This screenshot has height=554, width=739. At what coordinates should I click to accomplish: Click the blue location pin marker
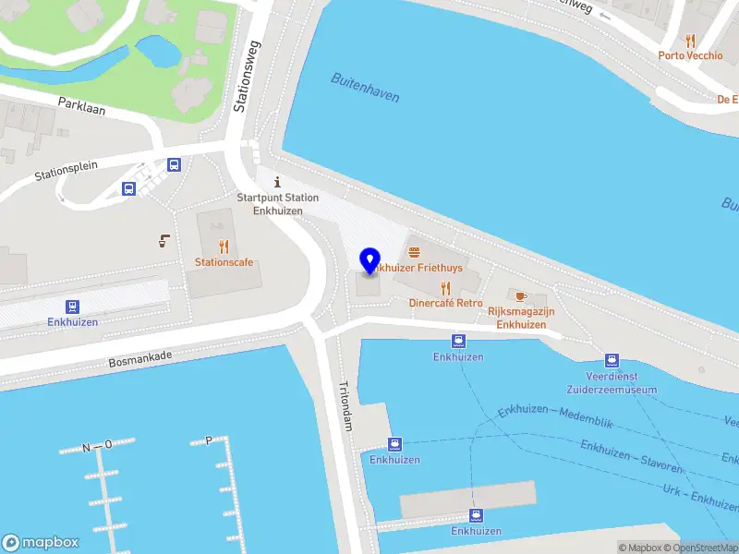point(370,260)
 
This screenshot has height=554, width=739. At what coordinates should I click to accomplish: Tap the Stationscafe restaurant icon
point(223,247)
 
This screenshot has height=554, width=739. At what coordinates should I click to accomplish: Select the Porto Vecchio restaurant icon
point(690,41)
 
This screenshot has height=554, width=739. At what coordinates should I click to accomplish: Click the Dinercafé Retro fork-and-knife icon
point(445,288)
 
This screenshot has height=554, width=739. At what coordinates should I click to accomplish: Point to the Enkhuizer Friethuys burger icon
point(413,251)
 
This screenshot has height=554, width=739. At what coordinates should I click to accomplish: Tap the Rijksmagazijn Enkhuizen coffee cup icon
point(520,296)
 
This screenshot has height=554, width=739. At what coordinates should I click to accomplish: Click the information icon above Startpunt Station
point(277,182)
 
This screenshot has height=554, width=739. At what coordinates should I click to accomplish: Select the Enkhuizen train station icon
point(71,307)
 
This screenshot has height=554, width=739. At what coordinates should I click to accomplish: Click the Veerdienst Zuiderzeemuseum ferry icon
point(611,360)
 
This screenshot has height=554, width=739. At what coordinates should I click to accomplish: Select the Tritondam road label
point(346,407)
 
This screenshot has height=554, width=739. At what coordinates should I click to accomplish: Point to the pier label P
point(209,440)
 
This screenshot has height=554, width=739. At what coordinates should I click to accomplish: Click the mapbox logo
point(41,543)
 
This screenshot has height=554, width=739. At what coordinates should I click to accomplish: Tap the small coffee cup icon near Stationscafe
point(164,241)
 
